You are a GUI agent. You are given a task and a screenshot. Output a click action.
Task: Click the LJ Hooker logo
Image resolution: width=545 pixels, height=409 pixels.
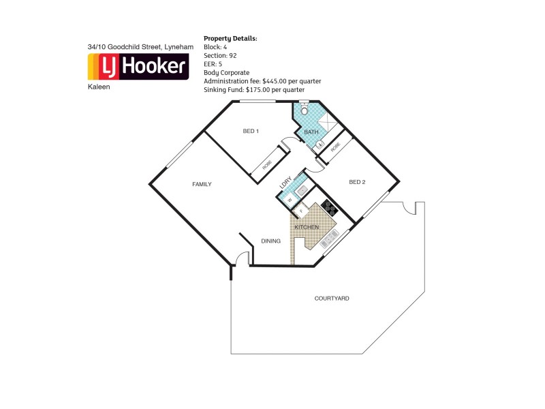coord(138,67)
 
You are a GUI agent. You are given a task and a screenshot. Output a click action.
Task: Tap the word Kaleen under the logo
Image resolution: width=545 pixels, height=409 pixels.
coord(98,87)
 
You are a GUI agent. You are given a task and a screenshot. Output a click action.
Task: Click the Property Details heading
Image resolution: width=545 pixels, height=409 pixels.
coord(230,38)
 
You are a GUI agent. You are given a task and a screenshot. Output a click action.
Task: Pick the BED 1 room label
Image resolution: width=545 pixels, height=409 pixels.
coord(251,131)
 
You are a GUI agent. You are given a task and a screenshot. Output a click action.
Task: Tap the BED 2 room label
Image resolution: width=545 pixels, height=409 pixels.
coord(357,182)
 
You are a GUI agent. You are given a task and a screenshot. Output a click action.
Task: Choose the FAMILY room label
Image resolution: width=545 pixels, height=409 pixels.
coord(202,184)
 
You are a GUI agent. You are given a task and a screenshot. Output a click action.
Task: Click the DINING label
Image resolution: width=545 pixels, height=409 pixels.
coord(271,241)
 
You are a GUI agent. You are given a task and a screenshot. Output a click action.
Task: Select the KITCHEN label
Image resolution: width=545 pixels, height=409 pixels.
coord(307,226)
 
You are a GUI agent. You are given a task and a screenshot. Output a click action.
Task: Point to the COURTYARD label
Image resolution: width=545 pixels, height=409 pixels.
coord(332,299)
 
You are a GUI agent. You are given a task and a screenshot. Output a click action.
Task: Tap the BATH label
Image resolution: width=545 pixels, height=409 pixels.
coord(311,132)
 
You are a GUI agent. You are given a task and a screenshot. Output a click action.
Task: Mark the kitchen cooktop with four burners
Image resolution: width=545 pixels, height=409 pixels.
coord(330,206)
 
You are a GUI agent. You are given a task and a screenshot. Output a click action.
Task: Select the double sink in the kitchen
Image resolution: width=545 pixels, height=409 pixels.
coord(328,238)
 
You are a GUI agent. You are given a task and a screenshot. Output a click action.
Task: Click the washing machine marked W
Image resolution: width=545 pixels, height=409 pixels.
coord(290,200)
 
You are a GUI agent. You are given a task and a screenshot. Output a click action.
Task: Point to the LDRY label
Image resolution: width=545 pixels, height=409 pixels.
coord(285,183)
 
